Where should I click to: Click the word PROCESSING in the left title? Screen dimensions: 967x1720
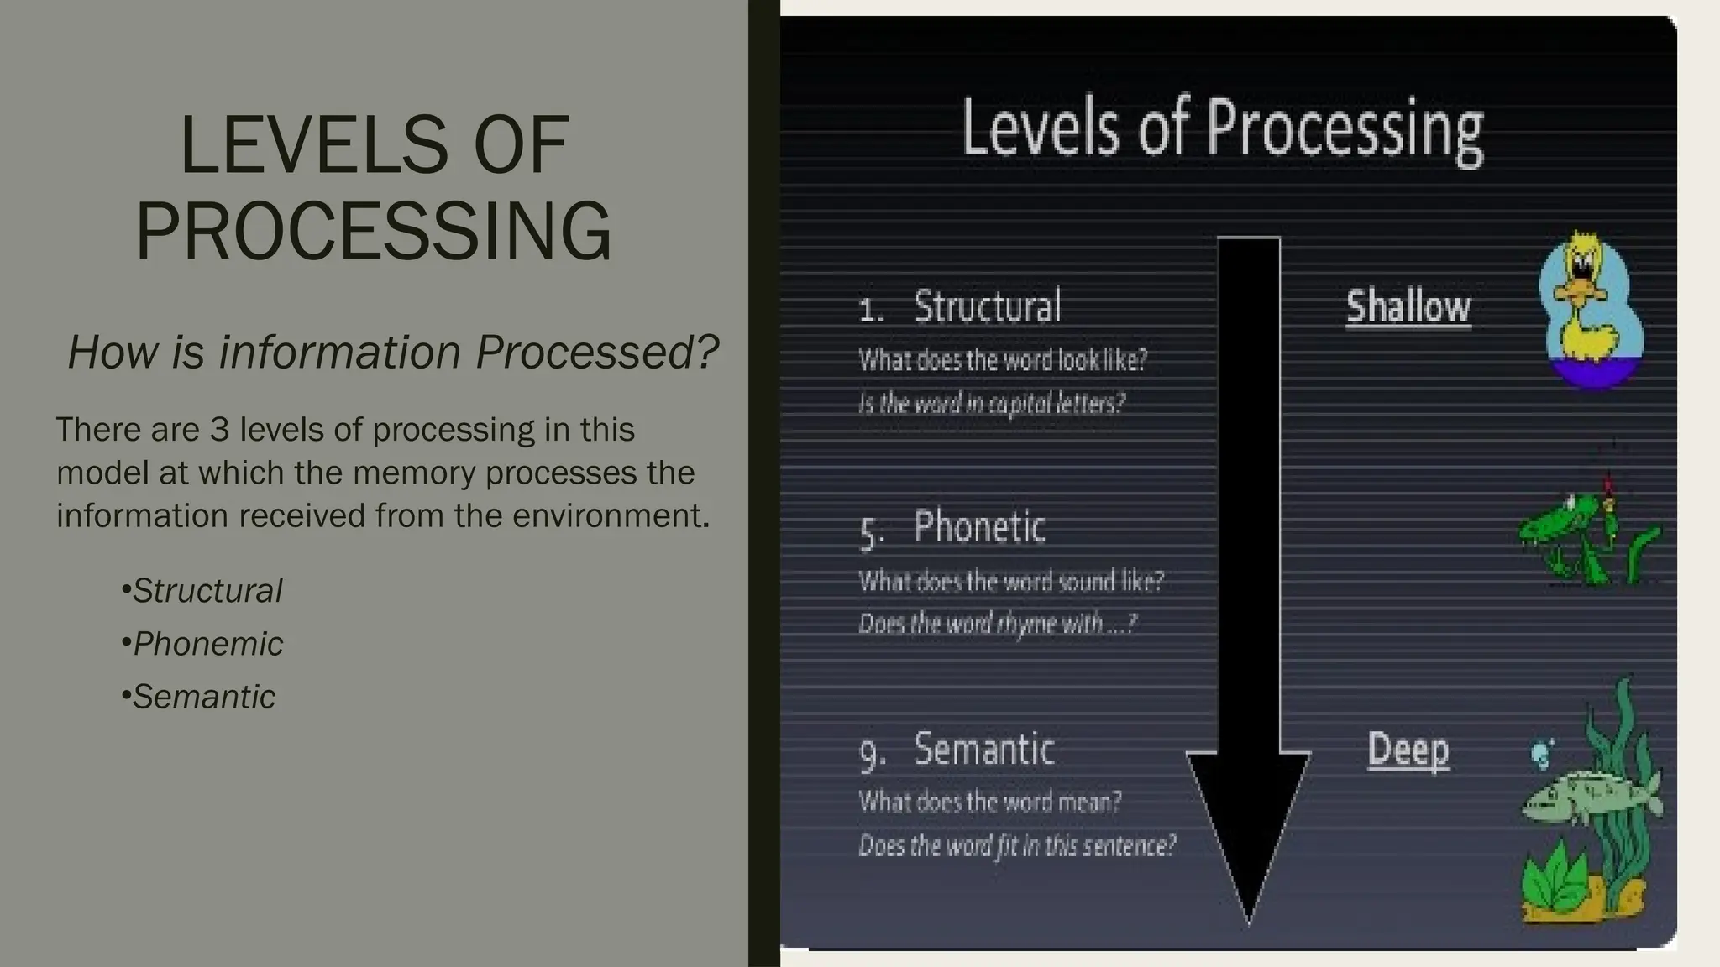click(x=374, y=231)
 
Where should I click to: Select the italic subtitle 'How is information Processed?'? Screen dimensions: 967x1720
click(x=393, y=352)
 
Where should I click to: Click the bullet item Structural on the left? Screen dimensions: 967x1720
click(x=207, y=591)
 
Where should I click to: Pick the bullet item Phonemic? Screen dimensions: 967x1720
click(x=207, y=644)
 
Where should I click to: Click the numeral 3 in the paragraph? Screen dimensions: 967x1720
click(x=219, y=430)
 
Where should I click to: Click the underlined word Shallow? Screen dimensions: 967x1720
click(x=1408, y=307)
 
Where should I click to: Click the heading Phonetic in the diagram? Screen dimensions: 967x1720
click(x=979, y=528)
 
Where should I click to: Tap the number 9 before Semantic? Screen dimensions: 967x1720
click(x=871, y=752)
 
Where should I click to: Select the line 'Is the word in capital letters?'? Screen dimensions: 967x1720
click(x=991, y=404)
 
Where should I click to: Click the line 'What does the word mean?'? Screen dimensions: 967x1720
click(x=990, y=802)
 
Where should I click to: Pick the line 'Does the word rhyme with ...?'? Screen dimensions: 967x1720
click(x=997, y=624)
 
